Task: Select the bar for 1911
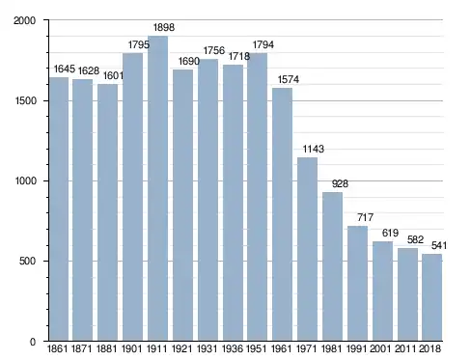(x=157, y=188)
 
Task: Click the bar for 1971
(x=307, y=249)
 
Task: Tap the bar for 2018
(x=432, y=297)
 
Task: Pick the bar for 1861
(x=59, y=209)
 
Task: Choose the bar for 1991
(x=357, y=284)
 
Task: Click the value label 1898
(x=164, y=27)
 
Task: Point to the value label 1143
(x=314, y=149)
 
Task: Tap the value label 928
(x=340, y=183)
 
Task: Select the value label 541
(x=439, y=246)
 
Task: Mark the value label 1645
(x=64, y=69)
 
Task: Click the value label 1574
(x=289, y=79)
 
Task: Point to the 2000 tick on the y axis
(x=24, y=20)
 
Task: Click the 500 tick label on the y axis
(x=27, y=261)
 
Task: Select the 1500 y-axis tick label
(x=25, y=100)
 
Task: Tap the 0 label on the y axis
(x=33, y=342)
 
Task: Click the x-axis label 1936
(x=233, y=349)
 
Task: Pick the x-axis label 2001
(x=380, y=349)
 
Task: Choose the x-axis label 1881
(x=107, y=349)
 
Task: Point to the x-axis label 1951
(x=257, y=349)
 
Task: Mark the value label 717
(x=365, y=217)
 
